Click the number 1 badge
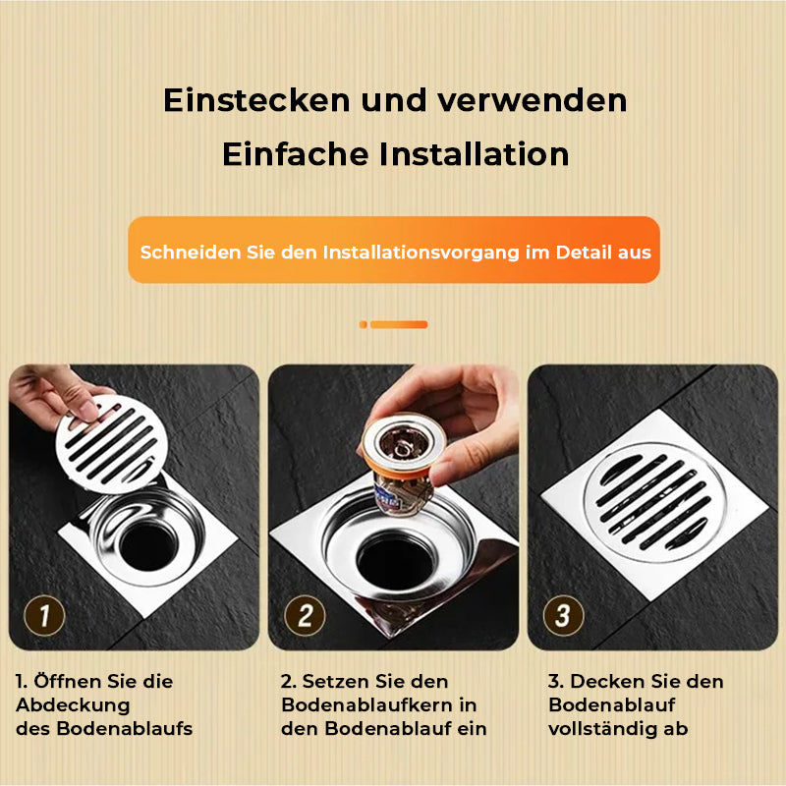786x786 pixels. [x=44, y=617]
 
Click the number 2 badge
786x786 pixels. [x=305, y=617]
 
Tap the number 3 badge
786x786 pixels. [x=564, y=617]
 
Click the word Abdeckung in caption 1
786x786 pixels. [x=73, y=705]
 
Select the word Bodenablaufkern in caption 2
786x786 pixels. [x=369, y=705]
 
